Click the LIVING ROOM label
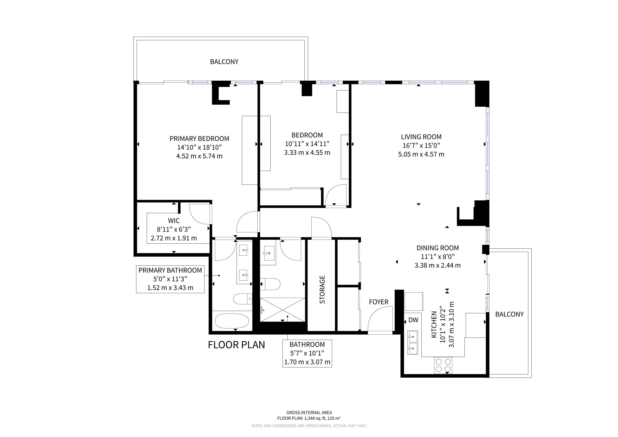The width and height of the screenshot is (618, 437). pyautogui.click(x=421, y=137)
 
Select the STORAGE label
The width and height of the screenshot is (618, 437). pyautogui.click(x=322, y=290)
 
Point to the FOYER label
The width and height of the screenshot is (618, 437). pyautogui.click(x=378, y=302)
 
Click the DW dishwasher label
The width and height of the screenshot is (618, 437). pyautogui.click(x=413, y=320)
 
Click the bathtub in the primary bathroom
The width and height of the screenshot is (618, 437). pyautogui.click(x=232, y=320)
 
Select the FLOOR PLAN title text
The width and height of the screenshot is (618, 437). pyautogui.click(x=236, y=345)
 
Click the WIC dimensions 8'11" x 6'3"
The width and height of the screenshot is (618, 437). pyautogui.click(x=174, y=229)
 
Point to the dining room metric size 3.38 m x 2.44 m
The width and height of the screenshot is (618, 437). pyautogui.click(x=437, y=265)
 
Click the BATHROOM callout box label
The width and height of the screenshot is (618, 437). pyautogui.click(x=307, y=344)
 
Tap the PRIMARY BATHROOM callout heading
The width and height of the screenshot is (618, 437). pyautogui.click(x=170, y=270)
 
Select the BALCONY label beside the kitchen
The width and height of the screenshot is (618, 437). pyautogui.click(x=509, y=314)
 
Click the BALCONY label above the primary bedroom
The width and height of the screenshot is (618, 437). pyautogui.click(x=224, y=62)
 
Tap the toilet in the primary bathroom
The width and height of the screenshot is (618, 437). pyautogui.click(x=242, y=299)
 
